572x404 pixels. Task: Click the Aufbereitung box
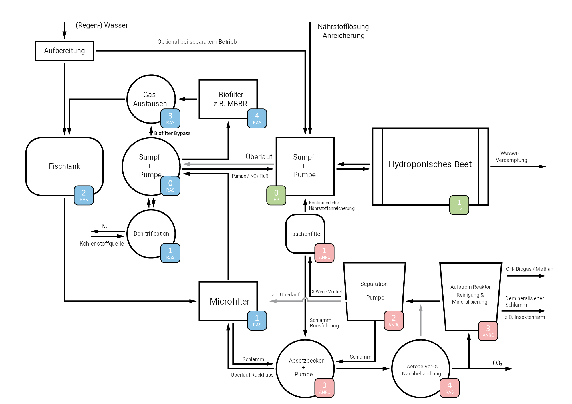click(x=64, y=51)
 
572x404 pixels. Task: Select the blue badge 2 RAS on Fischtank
click(x=84, y=195)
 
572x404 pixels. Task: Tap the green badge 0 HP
click(x=276, y=195)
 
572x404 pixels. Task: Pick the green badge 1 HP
click(x=459, y=205)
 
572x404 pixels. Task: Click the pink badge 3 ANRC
click(x=488, y=331)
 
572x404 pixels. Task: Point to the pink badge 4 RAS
click(x=449, y=388)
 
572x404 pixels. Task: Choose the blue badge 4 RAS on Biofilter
click(x=257, y=118)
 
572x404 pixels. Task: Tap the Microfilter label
click(x=230, y=301)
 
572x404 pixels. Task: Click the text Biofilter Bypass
click(x=172, y=133)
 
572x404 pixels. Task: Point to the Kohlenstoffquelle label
click(x=102, y=244)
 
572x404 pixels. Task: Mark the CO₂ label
click(x=497, y=363)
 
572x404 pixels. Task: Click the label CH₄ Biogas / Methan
click(x=529, y=269)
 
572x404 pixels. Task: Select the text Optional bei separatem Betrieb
click(x=197, y=42)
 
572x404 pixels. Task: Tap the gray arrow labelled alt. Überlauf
click(x=286, y=301)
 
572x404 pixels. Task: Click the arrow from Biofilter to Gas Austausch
click(x=187, y=99)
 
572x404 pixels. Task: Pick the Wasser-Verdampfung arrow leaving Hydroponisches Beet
click(x=518, y=166)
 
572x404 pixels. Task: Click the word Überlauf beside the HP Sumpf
click(x=259, y=157)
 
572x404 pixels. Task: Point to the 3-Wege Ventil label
click(x=327, y=292)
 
